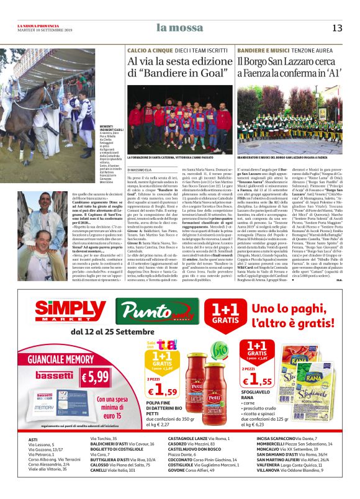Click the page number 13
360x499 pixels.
[x=337, y=27]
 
